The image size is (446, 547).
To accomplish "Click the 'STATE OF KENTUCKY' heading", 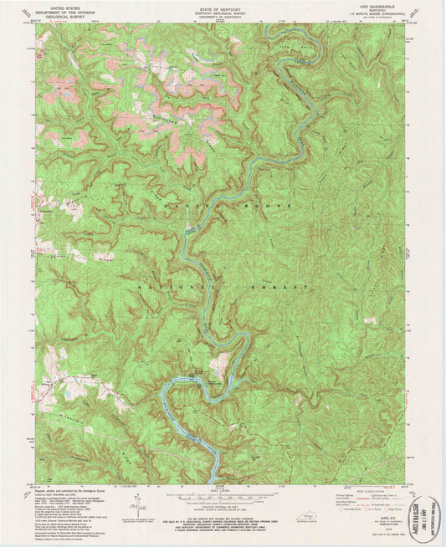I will tap(222, 8).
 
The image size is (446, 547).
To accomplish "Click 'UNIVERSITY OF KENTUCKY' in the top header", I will tap(222, 17).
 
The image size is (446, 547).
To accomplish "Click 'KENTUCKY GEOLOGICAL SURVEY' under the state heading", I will tap(222, 13).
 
